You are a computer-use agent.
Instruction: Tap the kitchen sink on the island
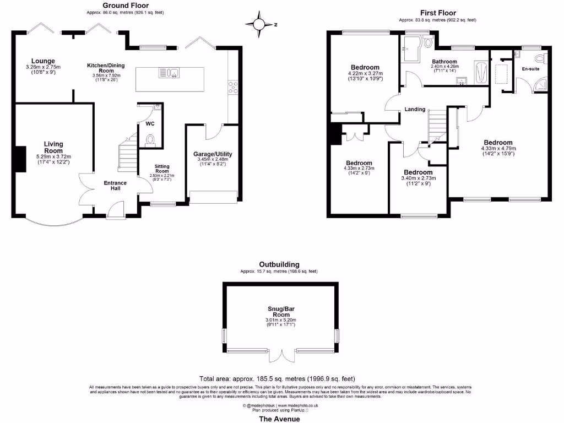tap(169, 72)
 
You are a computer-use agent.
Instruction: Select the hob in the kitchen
tap(232, 86)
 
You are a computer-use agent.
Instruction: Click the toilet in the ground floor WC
tap(150, 140)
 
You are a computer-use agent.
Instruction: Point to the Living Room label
tap(53, 147)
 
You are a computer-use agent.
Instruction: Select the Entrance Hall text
tap(115, 186)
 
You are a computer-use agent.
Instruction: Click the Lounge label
tap(43, 61)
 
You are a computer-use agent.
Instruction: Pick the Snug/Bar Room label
tap(278, 312)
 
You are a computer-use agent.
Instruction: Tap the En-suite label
tap(531, 69)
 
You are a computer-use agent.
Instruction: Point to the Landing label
tap(415, 109)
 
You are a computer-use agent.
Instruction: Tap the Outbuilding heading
tap(279, 264)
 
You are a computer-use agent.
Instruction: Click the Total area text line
tap(277, 379)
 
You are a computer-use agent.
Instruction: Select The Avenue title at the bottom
tap(279, 419)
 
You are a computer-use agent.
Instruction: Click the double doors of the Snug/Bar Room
tap(281, 357)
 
